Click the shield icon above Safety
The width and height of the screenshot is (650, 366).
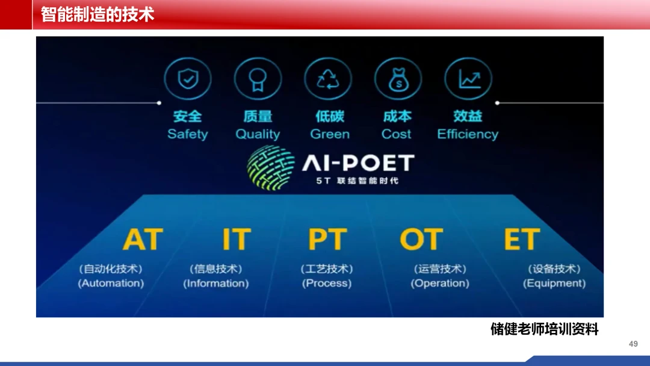click(188, 79)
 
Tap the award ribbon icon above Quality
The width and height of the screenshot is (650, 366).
click(258, 79)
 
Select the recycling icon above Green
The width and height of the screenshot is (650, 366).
click(328, 79)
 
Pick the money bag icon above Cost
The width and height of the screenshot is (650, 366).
click(398, 79)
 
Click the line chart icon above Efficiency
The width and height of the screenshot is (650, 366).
click(468, 79)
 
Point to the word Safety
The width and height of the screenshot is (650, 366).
click(187, 134)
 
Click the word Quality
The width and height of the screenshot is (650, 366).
click(258, 134)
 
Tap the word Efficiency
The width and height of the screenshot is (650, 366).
click(468, 134)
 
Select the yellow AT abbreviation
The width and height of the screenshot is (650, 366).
click(143, 239)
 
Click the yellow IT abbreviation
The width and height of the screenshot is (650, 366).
click(237, 239)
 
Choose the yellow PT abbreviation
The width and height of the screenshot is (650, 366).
click(327, 239)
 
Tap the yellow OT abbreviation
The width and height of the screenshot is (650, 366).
click(421, 239)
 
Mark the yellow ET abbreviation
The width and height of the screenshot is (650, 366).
click(522, 239)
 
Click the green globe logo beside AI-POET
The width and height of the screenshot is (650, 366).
click(271, 167)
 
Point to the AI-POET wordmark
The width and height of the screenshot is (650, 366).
click(358, 163)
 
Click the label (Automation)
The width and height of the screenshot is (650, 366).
click(111, 283)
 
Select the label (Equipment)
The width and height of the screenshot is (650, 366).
click(554, 283)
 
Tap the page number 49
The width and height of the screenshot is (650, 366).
click(633, 344)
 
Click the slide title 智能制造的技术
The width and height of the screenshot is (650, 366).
click(97, 14)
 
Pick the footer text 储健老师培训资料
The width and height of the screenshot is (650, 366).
click(545, 329)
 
